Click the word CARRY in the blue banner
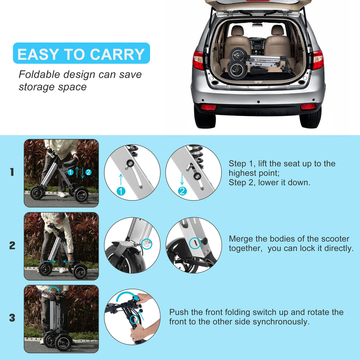pyautogui.click(x=117, y=54)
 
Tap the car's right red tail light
pyautogui.click(x=318, y=60)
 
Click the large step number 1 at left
pyautogui.click(x=12, y=172)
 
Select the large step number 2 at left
pyautogui.click(x=12, y=245)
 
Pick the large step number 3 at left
pyautogui.click(x=12, y=318)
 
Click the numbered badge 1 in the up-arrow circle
pyautogui.click(x=121, y=191)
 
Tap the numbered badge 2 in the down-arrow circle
pyautogui.click(x=182, y=191)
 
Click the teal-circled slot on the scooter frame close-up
pyautogui.click(x=195, y=243)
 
